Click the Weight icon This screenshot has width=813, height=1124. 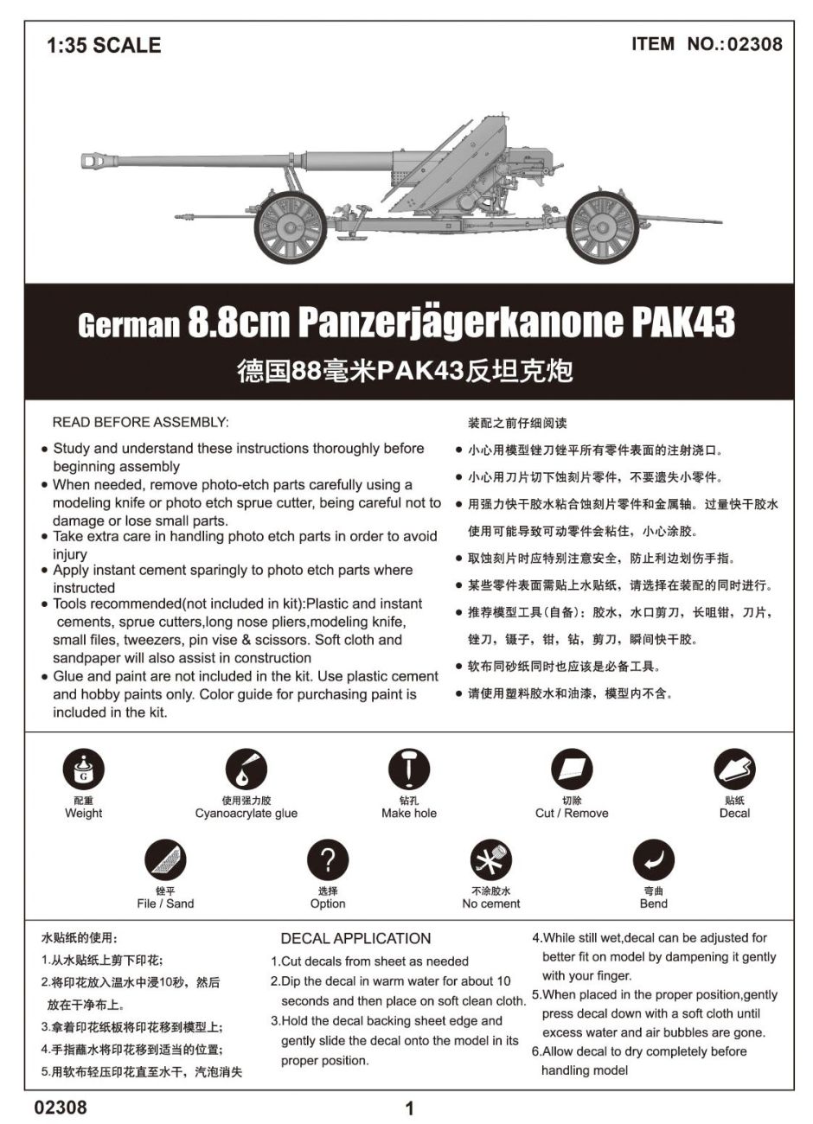click(x=83, y=769)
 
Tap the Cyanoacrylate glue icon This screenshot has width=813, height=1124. click(x=246, y=769)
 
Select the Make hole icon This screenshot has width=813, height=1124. click(x=409, y=769)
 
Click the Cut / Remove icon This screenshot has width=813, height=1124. click(x=572, y=769)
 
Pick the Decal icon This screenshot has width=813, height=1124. click(x=734, y=769)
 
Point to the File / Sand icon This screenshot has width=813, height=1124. click(x=165, y=859)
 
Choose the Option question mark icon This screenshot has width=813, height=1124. click(x=328, y=859)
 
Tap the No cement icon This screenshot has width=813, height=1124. click(x=490, y=859)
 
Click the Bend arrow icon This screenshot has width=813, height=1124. click(x=653, y=859)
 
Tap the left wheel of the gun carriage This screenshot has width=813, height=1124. click(x=291, y=227)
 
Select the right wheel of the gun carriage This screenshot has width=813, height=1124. click(x=603, y=227)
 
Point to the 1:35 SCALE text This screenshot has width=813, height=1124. click(x=104, y=46)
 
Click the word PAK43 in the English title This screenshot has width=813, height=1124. click(x=683, y=323)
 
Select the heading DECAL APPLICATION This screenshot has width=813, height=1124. click(x=355, y=938)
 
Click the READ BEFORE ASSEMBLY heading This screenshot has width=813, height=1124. click(x=140, y=422)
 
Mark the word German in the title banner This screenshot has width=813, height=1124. click(x=128, y=326)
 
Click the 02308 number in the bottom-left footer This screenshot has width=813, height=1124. click(x=61, y=1107)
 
